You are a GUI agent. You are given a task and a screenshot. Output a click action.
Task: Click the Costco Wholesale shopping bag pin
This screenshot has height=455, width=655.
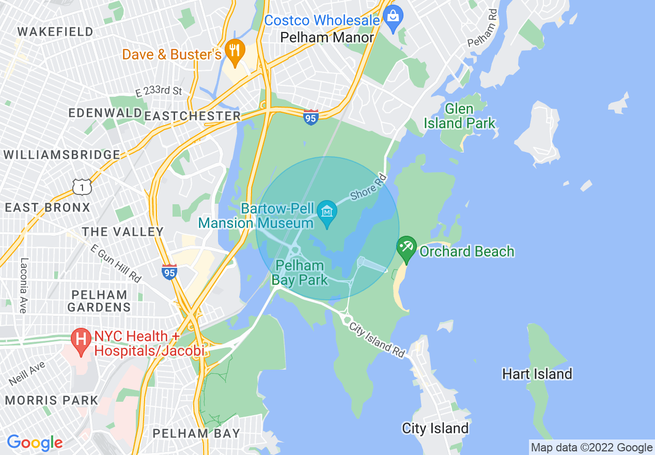[x=393, y=18]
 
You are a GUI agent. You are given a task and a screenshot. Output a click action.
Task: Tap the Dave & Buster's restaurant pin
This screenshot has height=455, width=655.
[x=235, y=52]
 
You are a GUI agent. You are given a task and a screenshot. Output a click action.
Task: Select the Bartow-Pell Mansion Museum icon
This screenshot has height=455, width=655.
[x=327, y=212]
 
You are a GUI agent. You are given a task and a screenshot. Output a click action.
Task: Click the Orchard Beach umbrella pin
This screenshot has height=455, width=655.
[x=407, y=248]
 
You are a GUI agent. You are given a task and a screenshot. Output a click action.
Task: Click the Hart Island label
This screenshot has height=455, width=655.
[x=537, y=374]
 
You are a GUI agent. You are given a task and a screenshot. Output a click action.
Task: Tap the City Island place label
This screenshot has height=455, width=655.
[x=435, y=428]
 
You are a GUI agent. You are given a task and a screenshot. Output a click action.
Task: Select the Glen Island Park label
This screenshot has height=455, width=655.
[x=459, y=116]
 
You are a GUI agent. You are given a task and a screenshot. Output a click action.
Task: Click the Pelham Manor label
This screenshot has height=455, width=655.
[x=326, y=37]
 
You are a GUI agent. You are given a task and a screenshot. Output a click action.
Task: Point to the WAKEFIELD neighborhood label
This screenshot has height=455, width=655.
[x=56, y=32]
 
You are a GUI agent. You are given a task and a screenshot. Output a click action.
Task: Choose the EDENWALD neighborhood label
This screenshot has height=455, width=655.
[x=106, y=113]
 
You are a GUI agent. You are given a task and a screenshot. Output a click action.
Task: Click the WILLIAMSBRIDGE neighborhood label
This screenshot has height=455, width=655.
[x=61, y=155]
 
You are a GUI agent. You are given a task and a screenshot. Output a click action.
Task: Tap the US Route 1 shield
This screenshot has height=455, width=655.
[x=82, y=186]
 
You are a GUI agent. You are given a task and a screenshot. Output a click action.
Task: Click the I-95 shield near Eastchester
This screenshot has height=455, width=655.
[x=311, y=116]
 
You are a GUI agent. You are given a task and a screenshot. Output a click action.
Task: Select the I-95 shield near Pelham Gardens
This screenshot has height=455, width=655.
[x=169, y=271]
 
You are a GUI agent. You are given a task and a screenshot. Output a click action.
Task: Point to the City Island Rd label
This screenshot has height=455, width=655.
[x=377, y=340]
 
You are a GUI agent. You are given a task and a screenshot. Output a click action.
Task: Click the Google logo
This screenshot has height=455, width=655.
[x=35, y=443]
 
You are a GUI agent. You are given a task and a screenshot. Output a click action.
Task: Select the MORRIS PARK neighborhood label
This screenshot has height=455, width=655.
[x=51, y=400]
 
